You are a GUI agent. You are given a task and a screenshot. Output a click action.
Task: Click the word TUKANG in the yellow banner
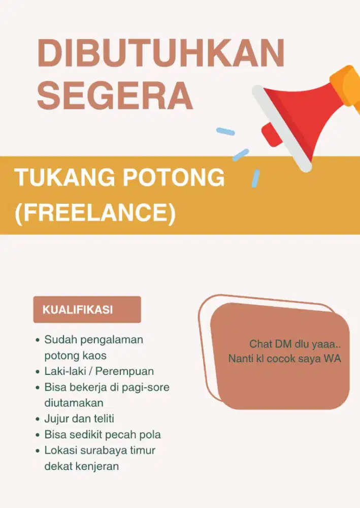click(61, 178)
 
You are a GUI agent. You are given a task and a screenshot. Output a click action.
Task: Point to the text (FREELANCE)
click(95, 213)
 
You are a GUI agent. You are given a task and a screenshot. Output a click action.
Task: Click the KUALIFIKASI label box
click(87, 309)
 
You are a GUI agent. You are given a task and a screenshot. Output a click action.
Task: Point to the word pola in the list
click(150, 435)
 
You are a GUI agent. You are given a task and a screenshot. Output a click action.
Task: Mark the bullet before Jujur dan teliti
click(38, 420)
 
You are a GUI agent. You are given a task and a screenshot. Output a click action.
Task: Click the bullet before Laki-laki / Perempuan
click(38, 372)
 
